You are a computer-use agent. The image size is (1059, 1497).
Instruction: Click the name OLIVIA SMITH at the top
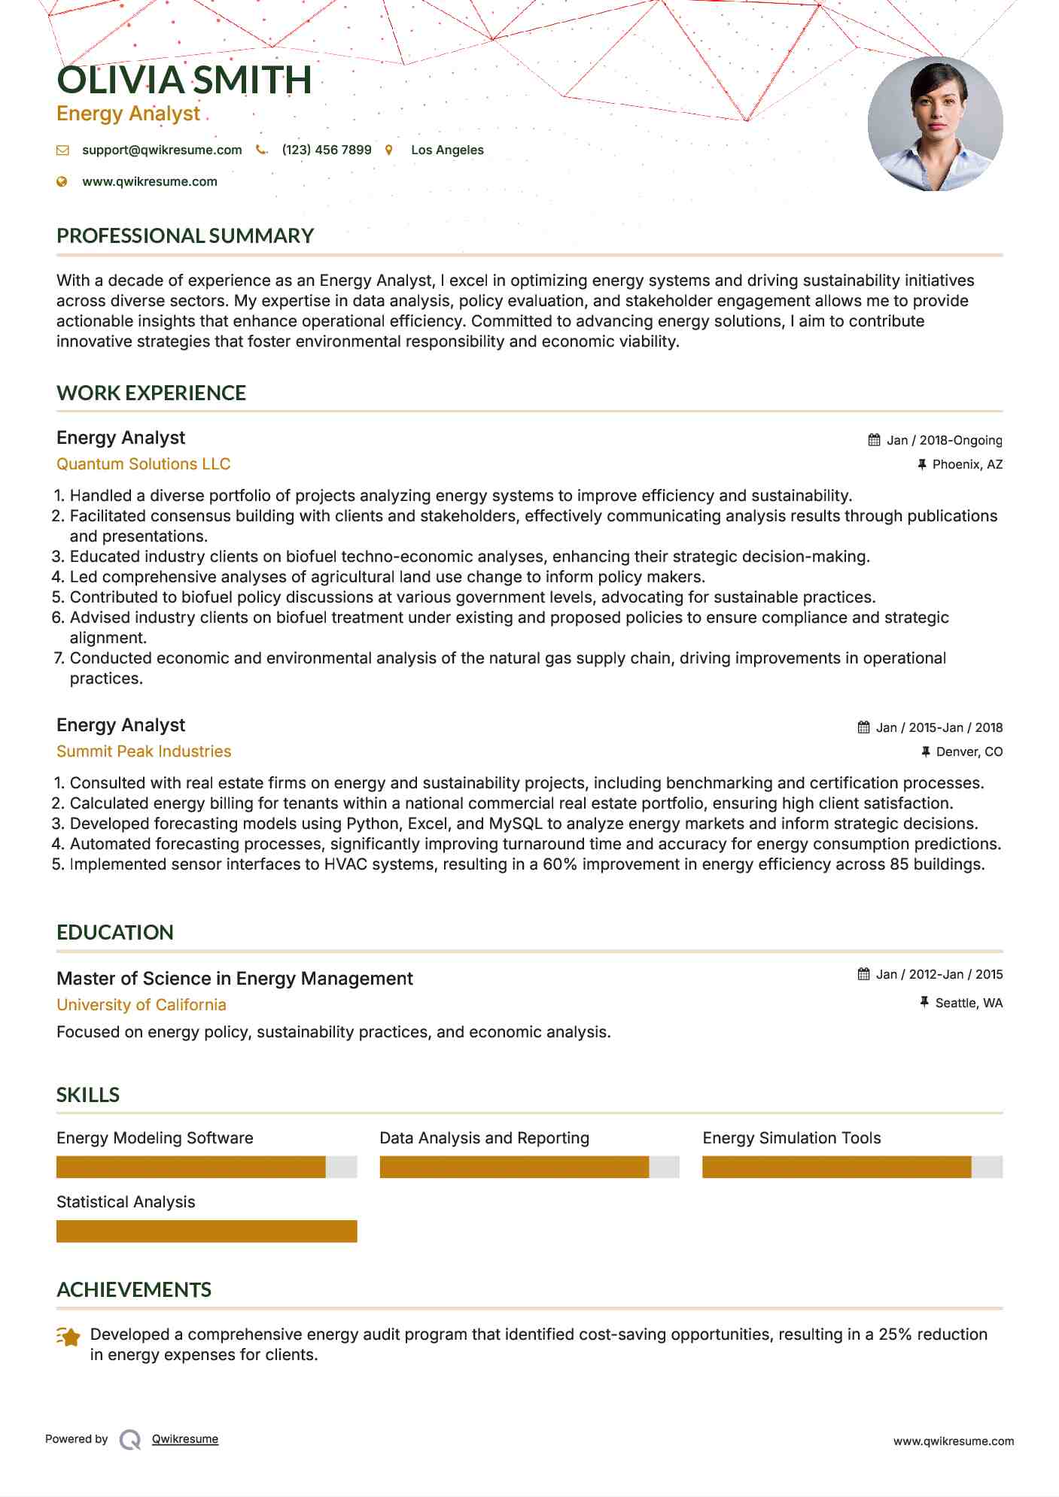184,80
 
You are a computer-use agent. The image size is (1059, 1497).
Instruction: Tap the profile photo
935,123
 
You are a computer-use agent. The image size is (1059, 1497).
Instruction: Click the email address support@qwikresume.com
162,150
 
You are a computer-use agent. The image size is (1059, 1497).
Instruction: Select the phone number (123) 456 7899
327,150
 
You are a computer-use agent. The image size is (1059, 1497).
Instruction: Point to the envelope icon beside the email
62,150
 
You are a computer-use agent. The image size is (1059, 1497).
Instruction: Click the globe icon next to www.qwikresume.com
62,181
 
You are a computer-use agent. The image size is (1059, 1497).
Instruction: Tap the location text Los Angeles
447,150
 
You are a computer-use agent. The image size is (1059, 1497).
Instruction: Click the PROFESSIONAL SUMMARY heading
185,235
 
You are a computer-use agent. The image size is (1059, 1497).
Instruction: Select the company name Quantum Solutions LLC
144,464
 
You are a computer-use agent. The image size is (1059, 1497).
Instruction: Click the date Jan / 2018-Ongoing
944,440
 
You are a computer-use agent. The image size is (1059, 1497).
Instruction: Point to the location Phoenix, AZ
967,464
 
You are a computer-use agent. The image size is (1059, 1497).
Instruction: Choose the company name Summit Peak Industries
144,752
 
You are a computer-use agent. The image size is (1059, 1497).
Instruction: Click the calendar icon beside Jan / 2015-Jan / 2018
863,727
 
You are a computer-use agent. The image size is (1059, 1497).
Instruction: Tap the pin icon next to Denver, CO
926,752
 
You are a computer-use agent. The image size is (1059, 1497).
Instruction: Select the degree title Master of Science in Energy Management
235,979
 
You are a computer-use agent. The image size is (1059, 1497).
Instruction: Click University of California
142,1005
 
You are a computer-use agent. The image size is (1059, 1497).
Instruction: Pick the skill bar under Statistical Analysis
206,1231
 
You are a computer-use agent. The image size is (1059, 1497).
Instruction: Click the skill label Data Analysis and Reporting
484,1138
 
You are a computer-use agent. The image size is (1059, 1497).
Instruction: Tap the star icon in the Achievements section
68,1337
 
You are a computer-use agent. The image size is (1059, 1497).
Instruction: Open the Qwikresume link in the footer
185,1439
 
